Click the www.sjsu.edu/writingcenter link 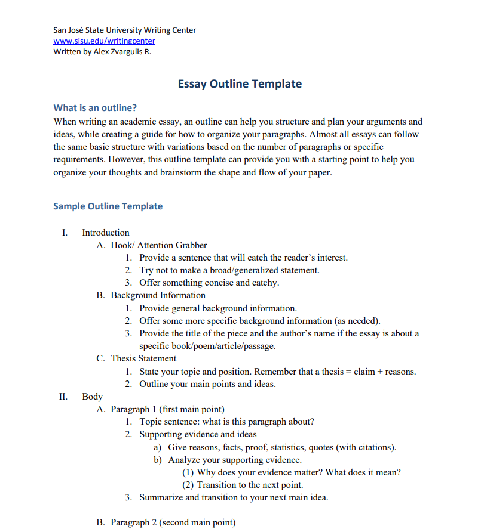point(104,41)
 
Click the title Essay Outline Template point(240,84)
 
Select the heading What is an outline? point(95,108)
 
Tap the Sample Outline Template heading point(108,206)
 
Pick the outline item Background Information point(158,295)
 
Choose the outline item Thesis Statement point(143,358)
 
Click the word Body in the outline point(92,396)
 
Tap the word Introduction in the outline point(106,233)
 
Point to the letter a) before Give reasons point(158,447)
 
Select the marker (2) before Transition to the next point point(188,485)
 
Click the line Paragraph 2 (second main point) point(173,522)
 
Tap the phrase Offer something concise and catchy point(209,283)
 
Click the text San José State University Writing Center point(124,30)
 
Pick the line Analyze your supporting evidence point(235,460)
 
